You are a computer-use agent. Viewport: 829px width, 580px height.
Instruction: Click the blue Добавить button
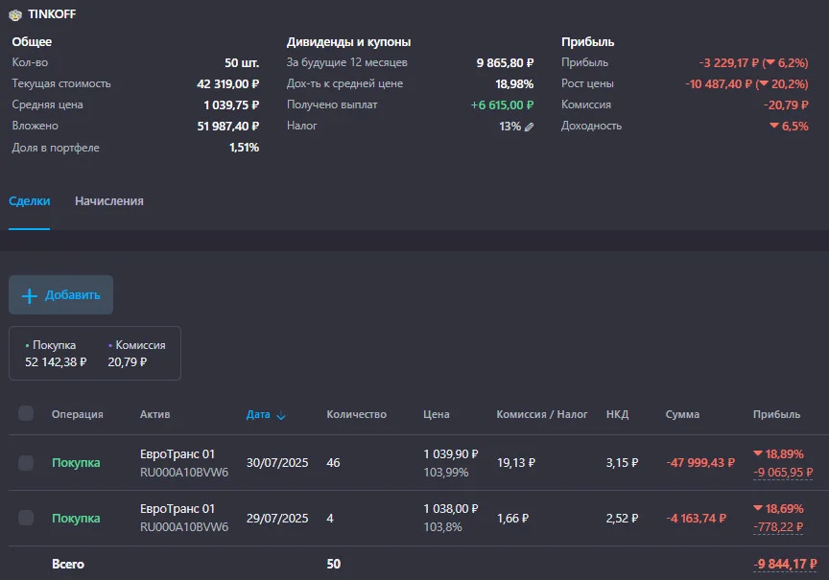point(60,294)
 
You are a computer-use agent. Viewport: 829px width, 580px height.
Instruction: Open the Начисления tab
point(109,200)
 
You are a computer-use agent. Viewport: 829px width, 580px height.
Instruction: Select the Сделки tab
point(30,200)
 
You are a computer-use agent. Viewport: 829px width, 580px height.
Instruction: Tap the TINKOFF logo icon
point(15,14)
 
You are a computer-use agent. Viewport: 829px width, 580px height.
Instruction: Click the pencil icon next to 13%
point(530,127)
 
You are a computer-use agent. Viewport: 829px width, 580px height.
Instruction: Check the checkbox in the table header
point(26,413)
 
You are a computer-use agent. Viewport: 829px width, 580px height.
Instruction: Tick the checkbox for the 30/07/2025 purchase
point(26,463)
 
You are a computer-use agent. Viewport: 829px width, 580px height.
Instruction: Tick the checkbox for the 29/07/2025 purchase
point(26,518)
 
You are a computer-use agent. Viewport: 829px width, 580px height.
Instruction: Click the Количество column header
point(356,415)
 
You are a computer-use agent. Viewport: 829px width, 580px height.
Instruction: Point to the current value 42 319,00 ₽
point(227,84)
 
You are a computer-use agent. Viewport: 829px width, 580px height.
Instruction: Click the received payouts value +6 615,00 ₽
point(502,105)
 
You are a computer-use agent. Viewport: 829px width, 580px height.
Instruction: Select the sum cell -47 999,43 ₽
point(700,463)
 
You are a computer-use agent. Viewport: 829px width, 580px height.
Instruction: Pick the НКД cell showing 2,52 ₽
point(623,519)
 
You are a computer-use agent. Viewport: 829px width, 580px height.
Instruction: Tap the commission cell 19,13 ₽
point(516,463)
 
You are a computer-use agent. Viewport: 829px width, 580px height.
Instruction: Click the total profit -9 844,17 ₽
point(785,564)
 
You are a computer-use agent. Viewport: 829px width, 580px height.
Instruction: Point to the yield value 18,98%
point(514,84)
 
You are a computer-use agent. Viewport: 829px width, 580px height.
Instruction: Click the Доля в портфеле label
point(56,148)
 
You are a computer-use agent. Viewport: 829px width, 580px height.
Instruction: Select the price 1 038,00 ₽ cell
point(451,509)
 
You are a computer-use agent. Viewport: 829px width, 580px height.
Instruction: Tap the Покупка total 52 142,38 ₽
point(56,361)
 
